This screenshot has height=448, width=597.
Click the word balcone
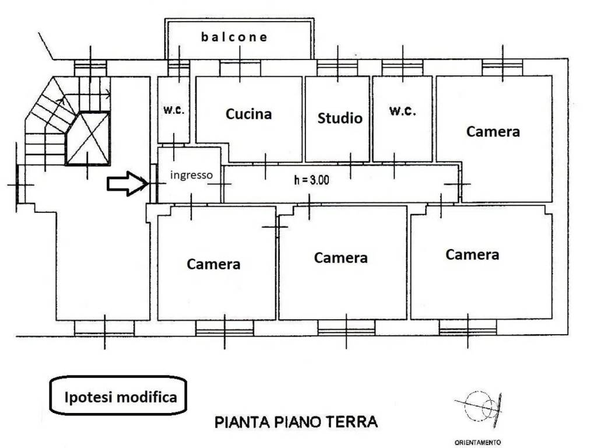[234, 37]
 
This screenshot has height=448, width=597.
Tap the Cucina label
[248, 114]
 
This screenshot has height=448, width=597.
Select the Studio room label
[340, 118]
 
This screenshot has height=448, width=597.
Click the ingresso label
[191, 175]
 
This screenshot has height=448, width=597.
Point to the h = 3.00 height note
[311, 180]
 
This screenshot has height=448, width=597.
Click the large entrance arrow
[128, 184]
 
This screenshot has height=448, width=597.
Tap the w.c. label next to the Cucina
[174, 110]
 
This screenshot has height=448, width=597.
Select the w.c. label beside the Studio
[402, 111]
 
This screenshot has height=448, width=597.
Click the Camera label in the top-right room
[493, 131]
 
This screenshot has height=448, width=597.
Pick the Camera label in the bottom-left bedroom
[213, 264]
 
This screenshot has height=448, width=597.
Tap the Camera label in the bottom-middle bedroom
[340, 258]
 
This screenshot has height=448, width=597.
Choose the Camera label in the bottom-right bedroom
[472, 254]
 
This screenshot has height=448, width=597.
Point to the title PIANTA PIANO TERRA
[296, 422]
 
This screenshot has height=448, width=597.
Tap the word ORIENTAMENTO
[477, 442]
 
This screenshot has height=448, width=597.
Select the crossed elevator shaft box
[88, 138]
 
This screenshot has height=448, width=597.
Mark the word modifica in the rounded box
[146, 397]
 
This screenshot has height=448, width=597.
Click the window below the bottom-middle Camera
[346, 328]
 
